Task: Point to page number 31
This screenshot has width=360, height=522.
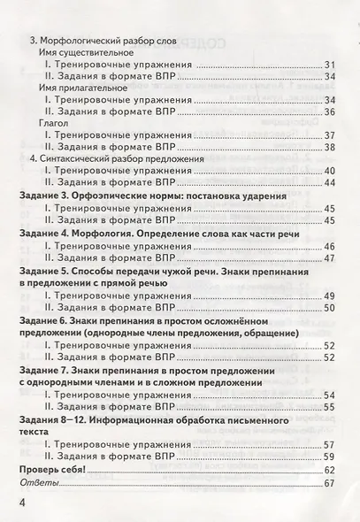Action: pyautogui.click(x=330, y=65)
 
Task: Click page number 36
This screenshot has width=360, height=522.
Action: pyautogui.click(x=330, y=111)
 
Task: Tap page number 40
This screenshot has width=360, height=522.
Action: pyautogui.click(x=330, y=169)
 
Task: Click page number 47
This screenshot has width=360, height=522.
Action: pyautogui.click(x=330, y=257)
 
